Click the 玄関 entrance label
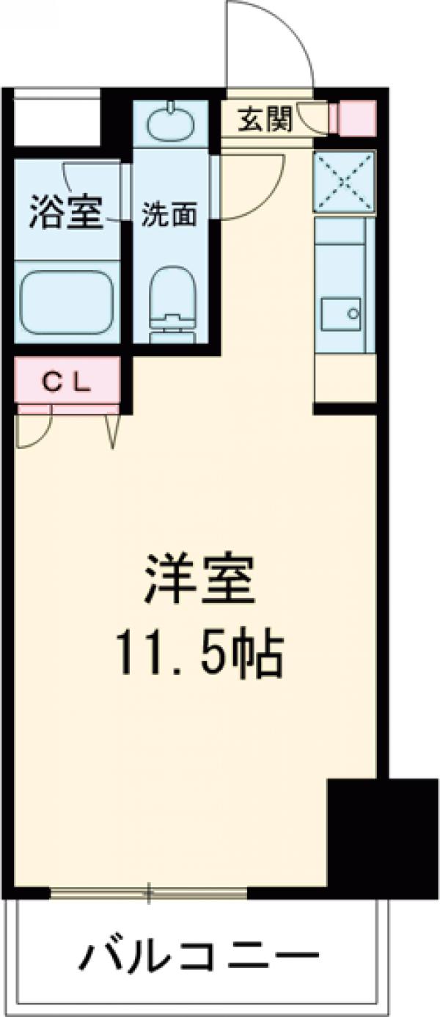click(265, 119)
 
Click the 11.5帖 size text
click(199, 655)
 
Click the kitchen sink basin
click(340, 314)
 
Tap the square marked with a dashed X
click(344, 181)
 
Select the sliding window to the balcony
click(149, 893)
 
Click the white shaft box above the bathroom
click(56, 117)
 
